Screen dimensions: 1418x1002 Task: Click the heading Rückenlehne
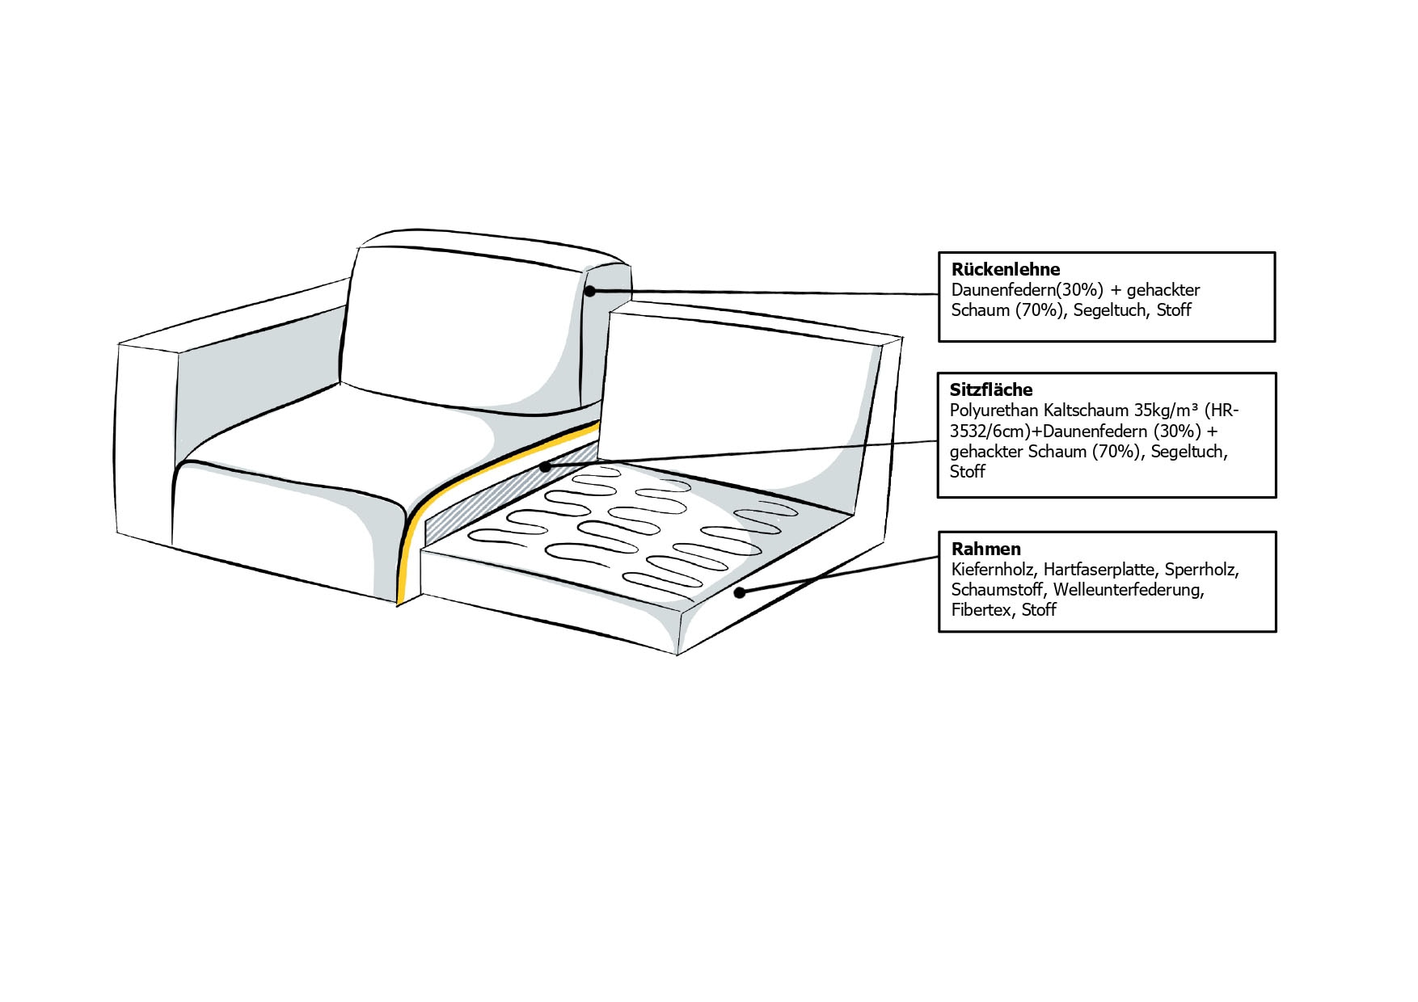(x=1005, y=269)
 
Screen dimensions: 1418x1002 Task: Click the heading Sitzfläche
(x=991, y=389)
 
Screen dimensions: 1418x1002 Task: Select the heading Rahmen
(x=985, y=549)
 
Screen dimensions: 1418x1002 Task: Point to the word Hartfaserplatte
(x=1099, y=570)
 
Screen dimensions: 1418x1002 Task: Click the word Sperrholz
(x=1202, y=570)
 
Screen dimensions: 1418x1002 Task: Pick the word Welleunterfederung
(x=1129, y=590)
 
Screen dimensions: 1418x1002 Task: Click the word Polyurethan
(x=994, y=410)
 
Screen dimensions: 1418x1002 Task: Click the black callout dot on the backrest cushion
(x=590, y=291)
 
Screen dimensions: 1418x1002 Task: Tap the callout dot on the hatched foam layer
(x=546, y=467)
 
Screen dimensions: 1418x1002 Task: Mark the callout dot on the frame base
(x=738, y=593)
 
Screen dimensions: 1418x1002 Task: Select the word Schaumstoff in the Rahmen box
(x=997, y=590)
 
